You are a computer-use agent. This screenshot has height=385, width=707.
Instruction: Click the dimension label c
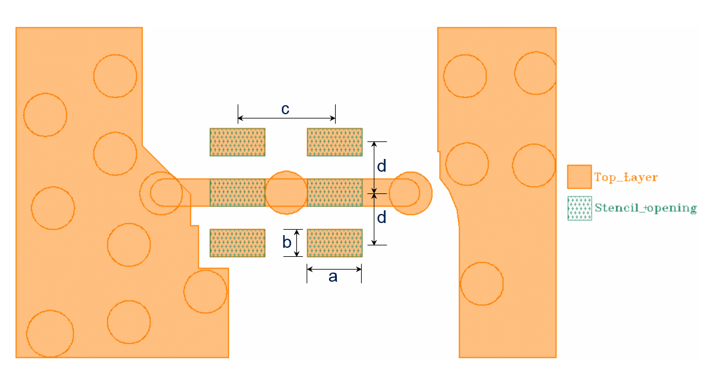pyautogui.click(x=285, y=109)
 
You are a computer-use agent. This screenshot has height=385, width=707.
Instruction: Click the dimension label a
pyautogui.click(x=332, y=277)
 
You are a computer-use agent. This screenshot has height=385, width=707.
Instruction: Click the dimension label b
pyautogui.click(x=287, y=242)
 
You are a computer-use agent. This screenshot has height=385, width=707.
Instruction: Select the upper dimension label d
pyautogui.click(x=382, y=166)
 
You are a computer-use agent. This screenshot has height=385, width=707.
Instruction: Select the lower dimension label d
pyautogui.click(x=382, y=216)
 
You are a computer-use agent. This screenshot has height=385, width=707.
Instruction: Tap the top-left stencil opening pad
pyautogui.click(x=237, y=142)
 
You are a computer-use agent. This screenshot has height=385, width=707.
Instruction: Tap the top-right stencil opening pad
pyautogui.click(x=334, y=142)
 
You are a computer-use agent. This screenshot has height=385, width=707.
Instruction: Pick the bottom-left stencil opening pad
pyautogui.click(x=237, y=243)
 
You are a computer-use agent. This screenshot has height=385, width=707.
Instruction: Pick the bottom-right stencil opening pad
pyautogui.click(x=334, y=243)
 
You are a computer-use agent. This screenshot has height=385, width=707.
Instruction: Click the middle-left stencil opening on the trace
pyautogui.click(x=237, y=193)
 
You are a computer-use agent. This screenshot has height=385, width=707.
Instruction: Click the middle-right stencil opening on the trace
pyautogui.click(x=334, y=193)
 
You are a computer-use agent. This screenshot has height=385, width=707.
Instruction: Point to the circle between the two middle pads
pyautogui.click(x=287, y=193)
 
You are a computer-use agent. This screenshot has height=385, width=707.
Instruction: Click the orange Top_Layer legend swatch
pyautogui.click(x=579, y=177)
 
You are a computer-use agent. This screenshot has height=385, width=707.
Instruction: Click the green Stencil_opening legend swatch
pyautogui.click(x=579, y=209)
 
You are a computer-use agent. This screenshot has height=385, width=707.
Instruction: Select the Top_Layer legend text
pyautogui.click(x=625, y=178)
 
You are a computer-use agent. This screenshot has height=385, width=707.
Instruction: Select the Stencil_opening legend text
pyautogui.click(x=645, y=208)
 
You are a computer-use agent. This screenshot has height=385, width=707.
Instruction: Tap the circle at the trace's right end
pyautogui.click(x=411, y=193)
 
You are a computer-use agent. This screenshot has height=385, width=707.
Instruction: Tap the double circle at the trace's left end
pyautogui.click(x=161, y=193)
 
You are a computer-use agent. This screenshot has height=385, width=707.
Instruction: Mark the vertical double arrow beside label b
pyautogui.click(x=297, y=242)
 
